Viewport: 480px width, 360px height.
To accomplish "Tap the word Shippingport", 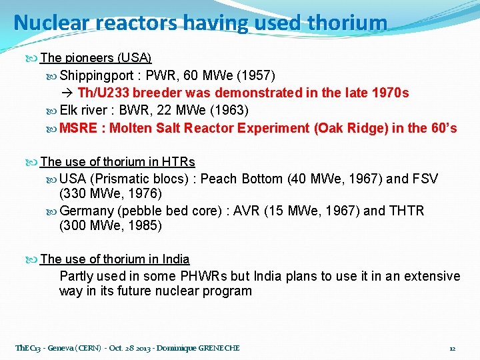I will coord(97,75).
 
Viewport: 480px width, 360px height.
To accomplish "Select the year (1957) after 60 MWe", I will coord(255,75).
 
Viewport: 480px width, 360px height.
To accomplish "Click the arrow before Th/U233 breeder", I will coord(67,93).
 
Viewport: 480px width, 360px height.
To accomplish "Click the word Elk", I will coord(69,110).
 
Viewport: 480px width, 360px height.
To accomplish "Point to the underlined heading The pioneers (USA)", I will coord(96,58).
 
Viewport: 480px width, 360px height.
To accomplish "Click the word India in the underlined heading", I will coord(175,259).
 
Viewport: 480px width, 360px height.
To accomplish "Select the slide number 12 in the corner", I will coord(452,348).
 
